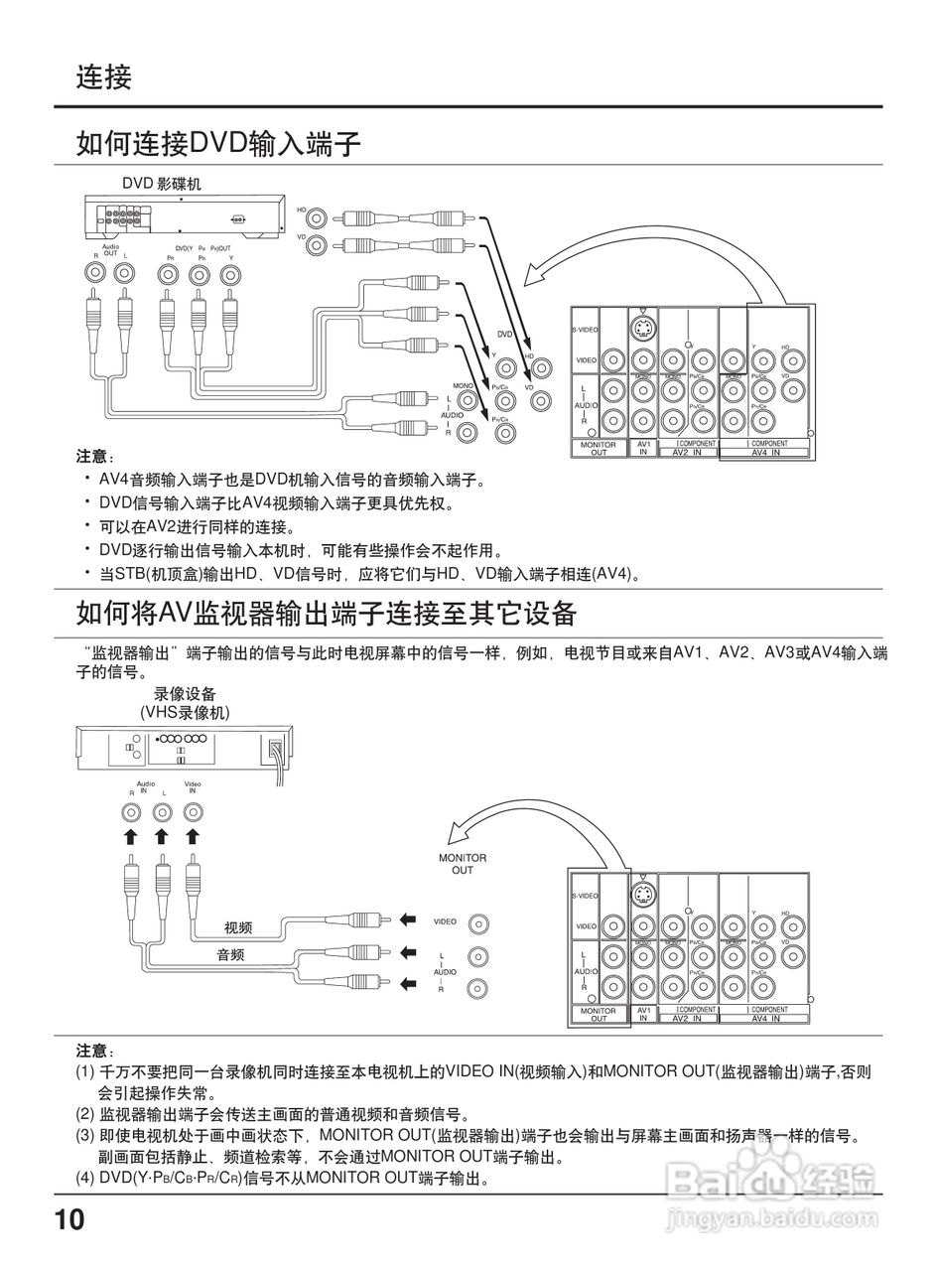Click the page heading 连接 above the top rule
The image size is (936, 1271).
pyautogui.click(x=103, y=76)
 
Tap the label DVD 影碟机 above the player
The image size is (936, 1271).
pyautogui.click(x=161, y=184)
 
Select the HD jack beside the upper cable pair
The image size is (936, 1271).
pyautogui.click(x=317, y=217)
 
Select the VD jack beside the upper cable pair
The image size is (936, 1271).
pyautogui.click(x=317, y=244)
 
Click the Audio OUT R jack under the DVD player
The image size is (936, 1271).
pyautogui.click(x=95, y=271)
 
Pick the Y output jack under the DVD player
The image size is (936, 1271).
pyautogui.click(x=231, y=272)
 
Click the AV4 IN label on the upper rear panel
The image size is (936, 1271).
pyautogui.click(x=765, y=453)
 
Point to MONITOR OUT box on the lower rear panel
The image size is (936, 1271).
pyautogui.click(x=599, y=1015)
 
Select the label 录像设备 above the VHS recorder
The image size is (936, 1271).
pyautogui.click(x=184, y=694)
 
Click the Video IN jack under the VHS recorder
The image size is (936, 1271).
pyautogui.click(x=193, y=812)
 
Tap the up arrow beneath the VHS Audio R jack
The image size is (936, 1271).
pyautogui.click(x=130, y=837)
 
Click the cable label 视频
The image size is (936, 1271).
pyautogui.click(x=238, y=927)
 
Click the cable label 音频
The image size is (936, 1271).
pyautogui.click(x=231, y=955)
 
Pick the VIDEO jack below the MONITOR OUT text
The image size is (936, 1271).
pyautogui.click(x=479, y=923)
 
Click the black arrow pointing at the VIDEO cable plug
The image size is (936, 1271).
pyautogui.click(x=407, y=920)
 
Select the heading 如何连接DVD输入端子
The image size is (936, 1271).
pyautogui.click(x=218, y=144)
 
